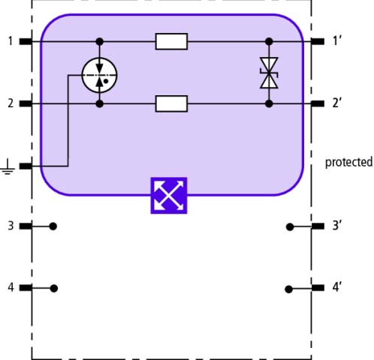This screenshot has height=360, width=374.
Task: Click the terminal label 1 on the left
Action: tap(11, 41)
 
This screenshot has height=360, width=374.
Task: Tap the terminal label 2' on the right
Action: tap(337, 103)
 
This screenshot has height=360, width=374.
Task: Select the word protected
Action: tap(348, 163)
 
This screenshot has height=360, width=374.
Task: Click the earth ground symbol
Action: tap(8, 166)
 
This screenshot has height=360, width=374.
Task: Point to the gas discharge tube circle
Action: tap(99, 75)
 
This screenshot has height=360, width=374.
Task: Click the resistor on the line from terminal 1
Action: tap(171, 41)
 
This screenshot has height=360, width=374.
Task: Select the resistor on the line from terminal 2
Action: tap(171, 103)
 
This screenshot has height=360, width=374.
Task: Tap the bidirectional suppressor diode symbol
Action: tap(269, 73)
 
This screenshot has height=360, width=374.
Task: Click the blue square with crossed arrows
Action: tap(169, 196)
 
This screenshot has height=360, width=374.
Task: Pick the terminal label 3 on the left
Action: tap(11, 226)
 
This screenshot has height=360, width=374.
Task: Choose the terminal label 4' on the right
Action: tap(337, 287)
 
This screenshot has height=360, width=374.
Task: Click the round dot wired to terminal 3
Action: tap(53, 226)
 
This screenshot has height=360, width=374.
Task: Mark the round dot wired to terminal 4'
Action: tap(288, 289)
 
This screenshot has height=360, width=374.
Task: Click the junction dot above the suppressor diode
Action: tap(269, 41)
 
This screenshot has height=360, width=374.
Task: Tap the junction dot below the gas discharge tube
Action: tap(100, 103)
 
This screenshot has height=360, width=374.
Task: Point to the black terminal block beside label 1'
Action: tap(318, 41)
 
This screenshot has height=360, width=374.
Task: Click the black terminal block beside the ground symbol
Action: tap(26, 166)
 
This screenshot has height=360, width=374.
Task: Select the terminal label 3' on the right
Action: tap(337, 226)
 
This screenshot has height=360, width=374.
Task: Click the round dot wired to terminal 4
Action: tap(54, 289)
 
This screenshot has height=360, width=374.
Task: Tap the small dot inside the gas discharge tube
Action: tap(106, 81)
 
